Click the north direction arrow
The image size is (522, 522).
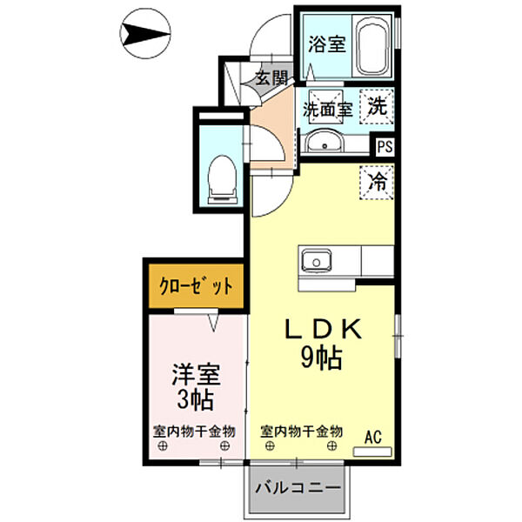tap(144, 36)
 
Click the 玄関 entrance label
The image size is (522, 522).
tap(271, 77)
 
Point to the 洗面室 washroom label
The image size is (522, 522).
tap(327, 110)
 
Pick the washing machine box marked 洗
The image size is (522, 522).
tap(377, 108)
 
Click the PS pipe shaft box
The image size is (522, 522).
tap(385, 147)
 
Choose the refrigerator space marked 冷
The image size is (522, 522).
tap(377, 183)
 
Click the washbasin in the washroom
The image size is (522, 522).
tap(326, 141)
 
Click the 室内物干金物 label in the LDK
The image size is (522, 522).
tap(301, 432)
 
